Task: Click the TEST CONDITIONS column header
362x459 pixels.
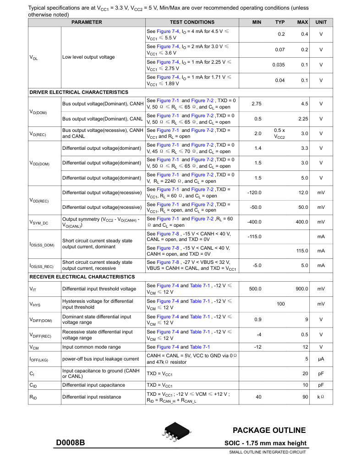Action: pyautogui.click(x=192, y=22)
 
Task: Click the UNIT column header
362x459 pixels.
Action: pyautogui.click(x=321, y=22)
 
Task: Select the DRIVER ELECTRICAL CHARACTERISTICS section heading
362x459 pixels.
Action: pyautogui.click(x=79, y=92)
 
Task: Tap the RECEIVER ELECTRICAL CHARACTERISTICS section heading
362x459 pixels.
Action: pyautogui.click(x=82, y=277)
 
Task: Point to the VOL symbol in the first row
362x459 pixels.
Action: pyautogui.click(x=33, y=57)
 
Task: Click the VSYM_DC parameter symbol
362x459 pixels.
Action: pyautogui.click(x=39, y=222)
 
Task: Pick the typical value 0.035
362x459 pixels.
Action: pyautogui.click(x=279, y=65)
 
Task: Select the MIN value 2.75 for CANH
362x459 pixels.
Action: pyautogui.click(x=257, y=104)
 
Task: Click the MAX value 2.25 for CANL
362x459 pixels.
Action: pyautogui.click(x=302, y=119)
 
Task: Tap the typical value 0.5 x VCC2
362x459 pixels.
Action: pyautogui.click(x=280, y=133)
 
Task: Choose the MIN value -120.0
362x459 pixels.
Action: pyautogui.click(x=254, y=192)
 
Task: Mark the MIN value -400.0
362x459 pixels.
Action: pyautogui.click(x=254, y=222)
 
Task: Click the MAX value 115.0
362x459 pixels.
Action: pyautogui.click(x=302, y=251)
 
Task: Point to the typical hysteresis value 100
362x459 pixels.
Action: pyautogui.click(x=280, y=304)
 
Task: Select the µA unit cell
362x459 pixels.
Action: pyautogui.click(x=321, y=359)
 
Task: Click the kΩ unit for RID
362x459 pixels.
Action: pyautogui.click(x=321, y=397)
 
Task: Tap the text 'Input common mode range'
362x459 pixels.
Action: pyautogui.click(x=92, y=347)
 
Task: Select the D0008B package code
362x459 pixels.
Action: pyautogui.click(x=71, y=443)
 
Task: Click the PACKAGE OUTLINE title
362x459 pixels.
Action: pyautogui.click(x=269, y=430)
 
